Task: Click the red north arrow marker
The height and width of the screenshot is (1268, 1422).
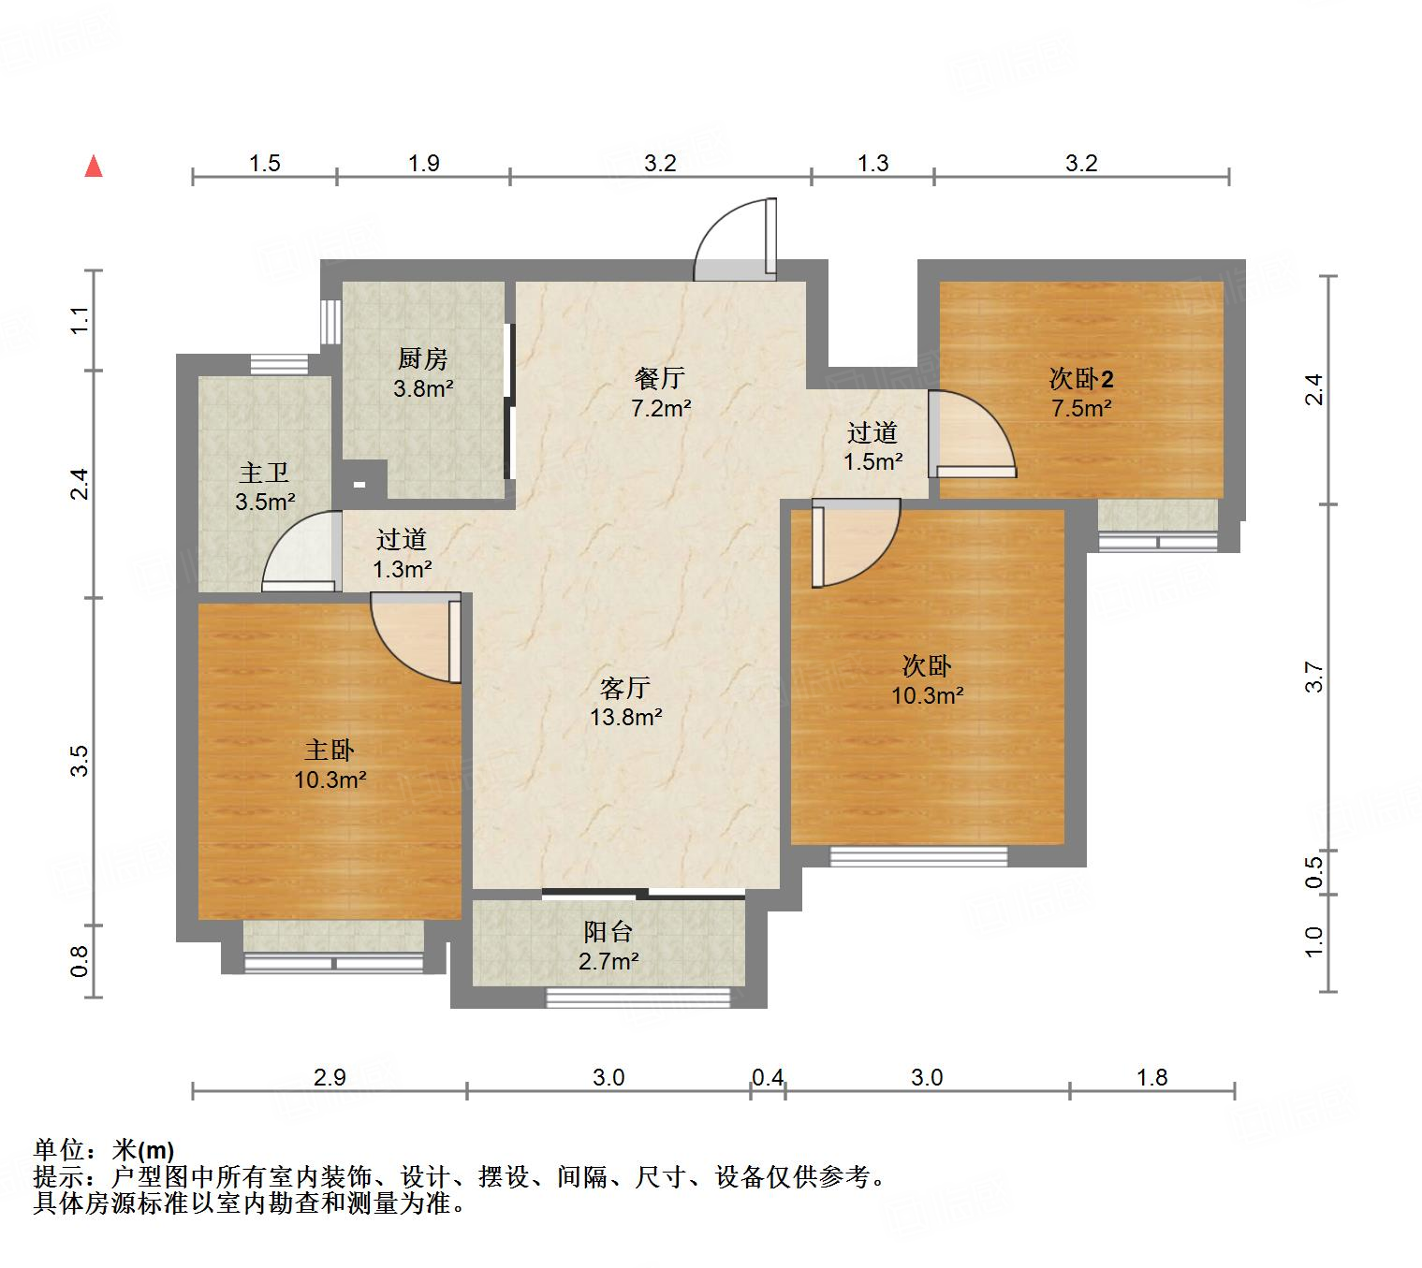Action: point(94,167)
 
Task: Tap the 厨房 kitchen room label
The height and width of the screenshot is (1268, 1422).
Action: point(423,358)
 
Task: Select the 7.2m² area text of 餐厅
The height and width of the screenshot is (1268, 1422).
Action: point(661,408)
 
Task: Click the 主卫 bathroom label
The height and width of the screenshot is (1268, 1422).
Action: point(264,473)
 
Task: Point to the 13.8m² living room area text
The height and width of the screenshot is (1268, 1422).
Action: point(625,718)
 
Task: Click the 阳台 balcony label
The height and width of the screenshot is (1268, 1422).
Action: point(608,931)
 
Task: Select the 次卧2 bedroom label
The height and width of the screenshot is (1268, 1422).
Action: point(1081,379)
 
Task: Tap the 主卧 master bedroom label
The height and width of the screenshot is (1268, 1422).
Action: point(330,750)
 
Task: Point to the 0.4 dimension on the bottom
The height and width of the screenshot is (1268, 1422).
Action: point(768,1078)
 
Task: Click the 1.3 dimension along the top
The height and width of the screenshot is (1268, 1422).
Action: point(872,164)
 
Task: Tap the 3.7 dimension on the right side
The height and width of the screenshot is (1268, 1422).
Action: point(1314,677)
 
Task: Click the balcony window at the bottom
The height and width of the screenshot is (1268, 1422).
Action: point(638,998)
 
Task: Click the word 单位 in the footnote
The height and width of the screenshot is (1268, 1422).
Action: point(60,1150)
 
